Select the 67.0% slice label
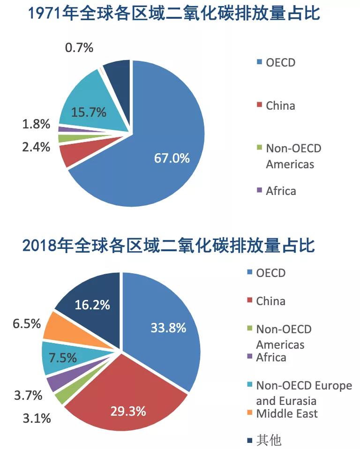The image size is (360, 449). coord(172,158)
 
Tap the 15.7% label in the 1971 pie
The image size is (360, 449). coord(89,112)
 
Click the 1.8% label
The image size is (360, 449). coord(36,125)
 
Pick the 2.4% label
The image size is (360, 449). coord(36,147)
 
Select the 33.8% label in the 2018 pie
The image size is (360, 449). coord(168,328)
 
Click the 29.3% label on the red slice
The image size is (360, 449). coord(128,412)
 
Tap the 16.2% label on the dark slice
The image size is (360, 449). coord(92,305)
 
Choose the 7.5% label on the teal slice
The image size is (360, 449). coord(62,359)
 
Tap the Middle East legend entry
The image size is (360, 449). coord(286,413)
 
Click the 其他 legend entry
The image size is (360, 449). coord(268,441)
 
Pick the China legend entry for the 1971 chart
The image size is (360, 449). coord(280,105)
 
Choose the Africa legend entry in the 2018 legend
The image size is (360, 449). coord(270,357)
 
